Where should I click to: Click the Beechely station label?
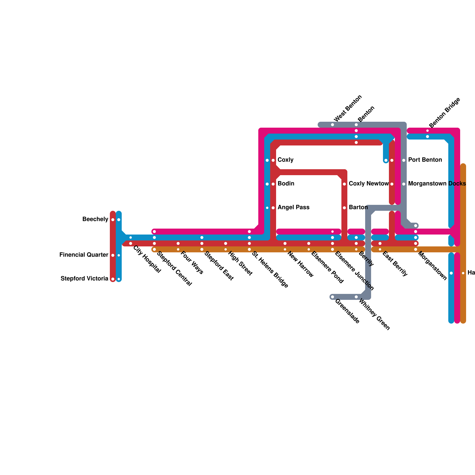coord(95,219)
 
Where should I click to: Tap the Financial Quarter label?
coord(84,255)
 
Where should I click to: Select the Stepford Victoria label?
coord(84,279)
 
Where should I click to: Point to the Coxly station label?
coord(285,160)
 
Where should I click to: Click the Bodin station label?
coord(286,184)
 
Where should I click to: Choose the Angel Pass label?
coord(293,208)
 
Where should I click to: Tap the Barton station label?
coord(358,208)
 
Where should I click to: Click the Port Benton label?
coord(425,160)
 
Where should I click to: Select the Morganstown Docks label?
coord(437,184)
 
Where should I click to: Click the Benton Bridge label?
coord(445,113)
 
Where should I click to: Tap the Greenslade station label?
coord(347,311)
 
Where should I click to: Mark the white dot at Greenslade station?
coord(332,297)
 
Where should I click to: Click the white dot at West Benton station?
coord(332,125)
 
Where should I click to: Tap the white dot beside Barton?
coord(344,208)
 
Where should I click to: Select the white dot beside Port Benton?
coord(404,160)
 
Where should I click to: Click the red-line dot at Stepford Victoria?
coord(113,279)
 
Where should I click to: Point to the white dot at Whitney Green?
coord(356,297)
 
